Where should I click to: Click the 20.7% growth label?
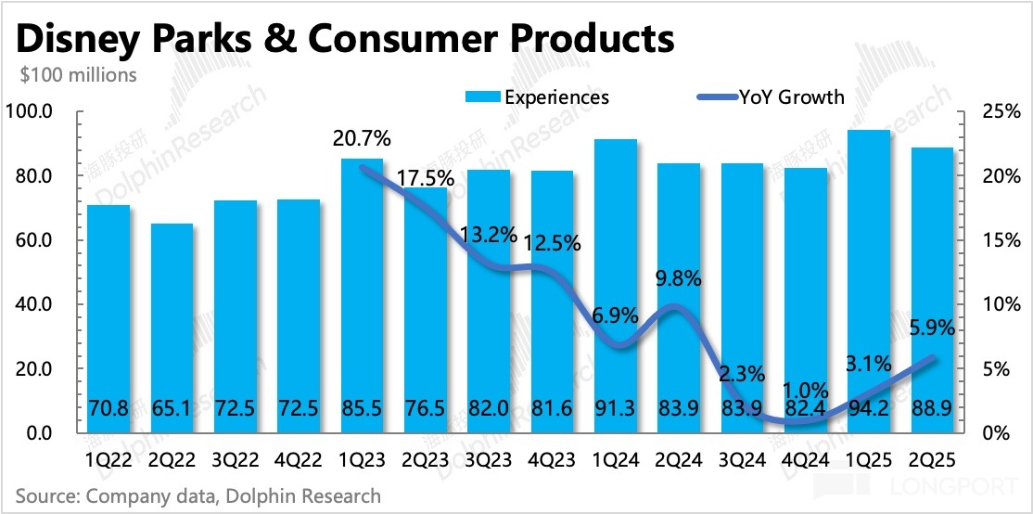click(362, 139)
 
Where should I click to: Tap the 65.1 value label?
click(172, 406)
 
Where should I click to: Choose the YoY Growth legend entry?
click(770, 96)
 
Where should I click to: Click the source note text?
click(198, 496)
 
